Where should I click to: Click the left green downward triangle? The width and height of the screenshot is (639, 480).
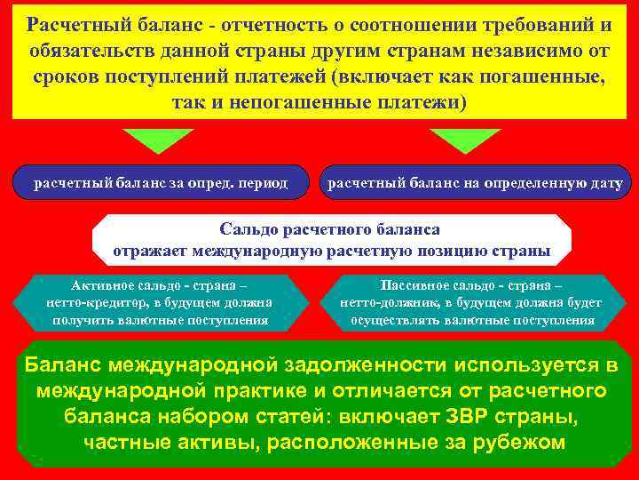158,139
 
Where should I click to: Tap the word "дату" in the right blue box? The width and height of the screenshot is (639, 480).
603,183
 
